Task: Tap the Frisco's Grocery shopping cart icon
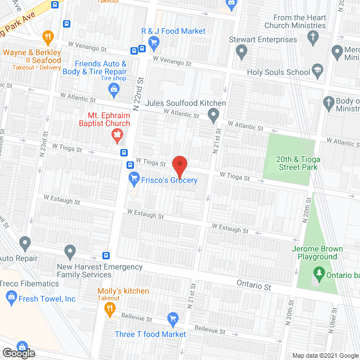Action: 134,180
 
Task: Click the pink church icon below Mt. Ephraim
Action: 117,134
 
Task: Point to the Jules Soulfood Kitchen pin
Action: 213,116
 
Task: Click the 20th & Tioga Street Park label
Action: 297,163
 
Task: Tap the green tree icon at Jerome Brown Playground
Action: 319,274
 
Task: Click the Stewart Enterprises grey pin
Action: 242,53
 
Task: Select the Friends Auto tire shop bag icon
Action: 114,89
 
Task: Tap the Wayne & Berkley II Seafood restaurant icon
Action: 48,38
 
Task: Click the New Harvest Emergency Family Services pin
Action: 70,250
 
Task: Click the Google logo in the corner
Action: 18,353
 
